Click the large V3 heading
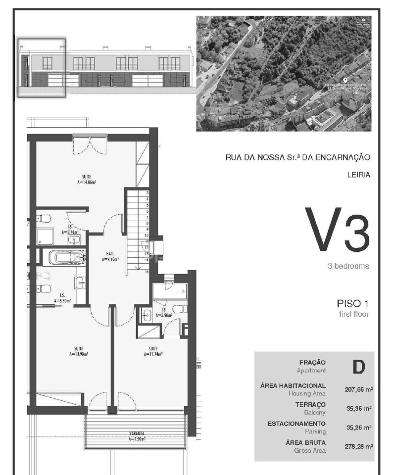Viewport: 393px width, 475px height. pyautogui.click(x=337, y=229)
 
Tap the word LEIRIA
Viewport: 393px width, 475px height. pyautogui.click(x=359, y=175)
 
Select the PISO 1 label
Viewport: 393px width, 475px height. pyautogui.click(x=353, y=303)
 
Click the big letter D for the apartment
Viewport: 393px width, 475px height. pyautogui.click(x=358, y=367)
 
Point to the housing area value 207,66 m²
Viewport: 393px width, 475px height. pyautogui.click(x=359, y=390)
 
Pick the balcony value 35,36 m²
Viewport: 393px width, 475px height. pyautogui.click(x=359, y=409)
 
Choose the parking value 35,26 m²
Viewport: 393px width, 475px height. pyautogui.click(x=359, y=427)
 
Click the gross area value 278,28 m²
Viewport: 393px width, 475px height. pyautogui.click(x=359, y=446)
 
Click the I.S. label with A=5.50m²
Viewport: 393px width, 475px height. pyautogui.click(x=62, y=298)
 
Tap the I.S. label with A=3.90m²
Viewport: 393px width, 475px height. pyautogui.click(x=163, y=312)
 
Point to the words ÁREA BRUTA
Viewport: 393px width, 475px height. pyautogui.click(x=305, y=443)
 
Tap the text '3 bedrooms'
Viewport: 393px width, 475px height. pyautogui.click(x=348, y=266)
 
